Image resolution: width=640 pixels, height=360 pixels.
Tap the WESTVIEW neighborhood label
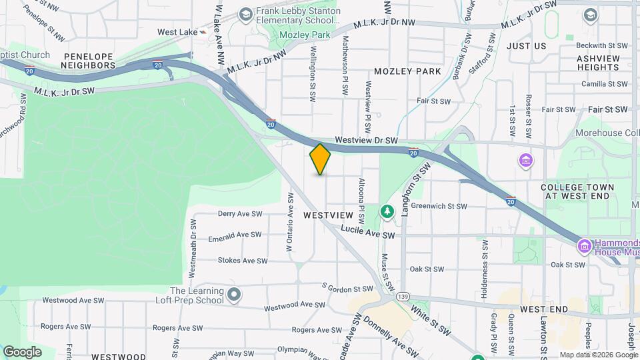point(327,216)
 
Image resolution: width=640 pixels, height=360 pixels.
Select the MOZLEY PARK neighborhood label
point(407,71)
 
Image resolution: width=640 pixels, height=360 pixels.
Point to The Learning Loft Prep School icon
point(233,294)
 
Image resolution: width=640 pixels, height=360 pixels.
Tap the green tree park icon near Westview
point(387,211)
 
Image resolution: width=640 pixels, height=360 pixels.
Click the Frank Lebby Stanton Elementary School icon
point(245,14)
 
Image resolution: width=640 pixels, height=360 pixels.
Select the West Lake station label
point(177,32)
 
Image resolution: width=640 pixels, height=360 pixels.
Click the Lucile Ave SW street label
point(368,232)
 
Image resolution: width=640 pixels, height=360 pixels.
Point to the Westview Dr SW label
point(366,141)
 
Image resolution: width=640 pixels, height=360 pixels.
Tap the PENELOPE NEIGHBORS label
point(88,61)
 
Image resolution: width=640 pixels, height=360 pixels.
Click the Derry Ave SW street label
point(240,214)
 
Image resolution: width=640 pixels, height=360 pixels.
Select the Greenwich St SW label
point(439,206)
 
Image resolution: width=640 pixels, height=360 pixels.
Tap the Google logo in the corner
point(23,351)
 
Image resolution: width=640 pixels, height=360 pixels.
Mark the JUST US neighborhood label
point(526,46)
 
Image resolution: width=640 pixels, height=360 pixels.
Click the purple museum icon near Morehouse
point(526,161)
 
